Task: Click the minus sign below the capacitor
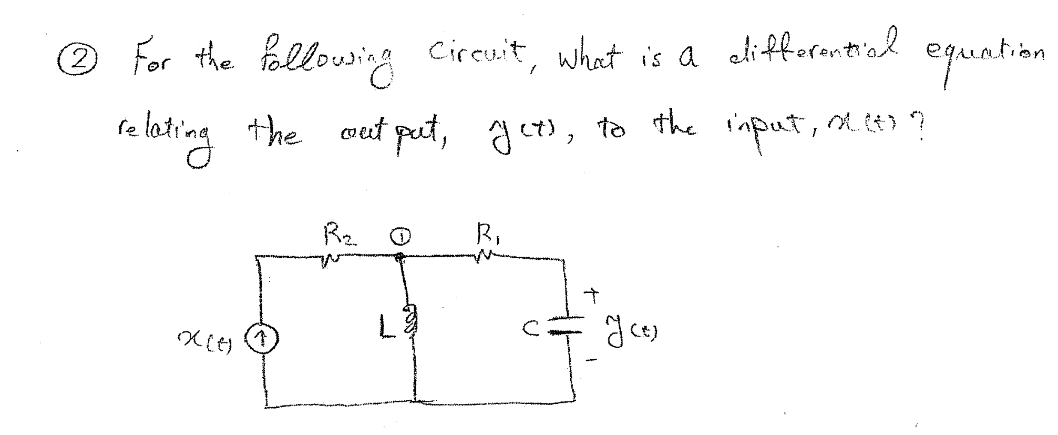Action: tap(592, 361)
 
